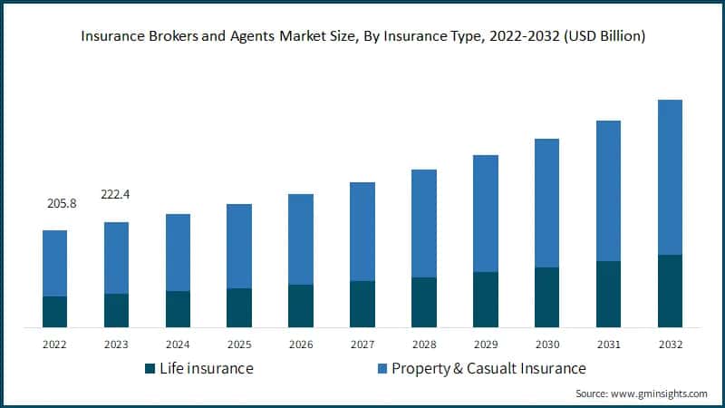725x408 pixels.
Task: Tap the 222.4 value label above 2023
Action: [x=117, y=194]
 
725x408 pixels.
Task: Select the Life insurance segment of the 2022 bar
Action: [x=55, y=311]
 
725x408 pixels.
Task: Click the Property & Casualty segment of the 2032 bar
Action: [x=670, y=177]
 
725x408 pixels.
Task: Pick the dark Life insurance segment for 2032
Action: [x=670, y=290]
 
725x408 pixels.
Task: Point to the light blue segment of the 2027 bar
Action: [x=362, y=231]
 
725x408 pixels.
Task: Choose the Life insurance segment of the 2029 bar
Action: [x=486, y=299]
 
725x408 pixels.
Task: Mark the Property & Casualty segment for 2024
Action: [x=179, y=252]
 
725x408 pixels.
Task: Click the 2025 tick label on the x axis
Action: [x=239, y=345]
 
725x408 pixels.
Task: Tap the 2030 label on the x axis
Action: [x=546, y=345]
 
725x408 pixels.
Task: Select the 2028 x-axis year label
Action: [x=424, y=345]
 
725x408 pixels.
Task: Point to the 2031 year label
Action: [x=608, y=345]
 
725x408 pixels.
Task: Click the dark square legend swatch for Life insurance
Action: [x=150, y=369]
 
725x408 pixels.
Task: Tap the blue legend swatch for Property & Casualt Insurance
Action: [x=382, y=369]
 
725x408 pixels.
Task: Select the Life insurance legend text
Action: [x=206, y=369]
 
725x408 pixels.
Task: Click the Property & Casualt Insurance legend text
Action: [x=488, y=369]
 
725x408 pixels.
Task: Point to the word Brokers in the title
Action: [x=170, y=37]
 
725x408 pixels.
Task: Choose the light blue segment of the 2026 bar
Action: [x=301, y=239]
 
